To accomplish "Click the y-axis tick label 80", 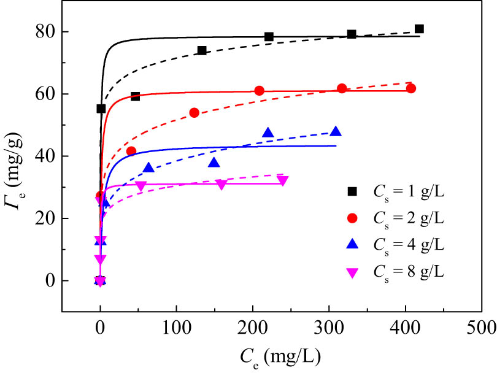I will (x=44, y=32).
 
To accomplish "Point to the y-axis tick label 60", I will (x=44, y=94).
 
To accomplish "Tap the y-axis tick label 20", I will (x=44, y=218).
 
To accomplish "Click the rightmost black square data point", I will (x=419, y=29).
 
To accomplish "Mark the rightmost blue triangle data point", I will (x=336, y=131).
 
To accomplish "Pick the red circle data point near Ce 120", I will (x=194, y=113).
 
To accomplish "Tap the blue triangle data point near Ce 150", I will (x=214, y=163).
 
